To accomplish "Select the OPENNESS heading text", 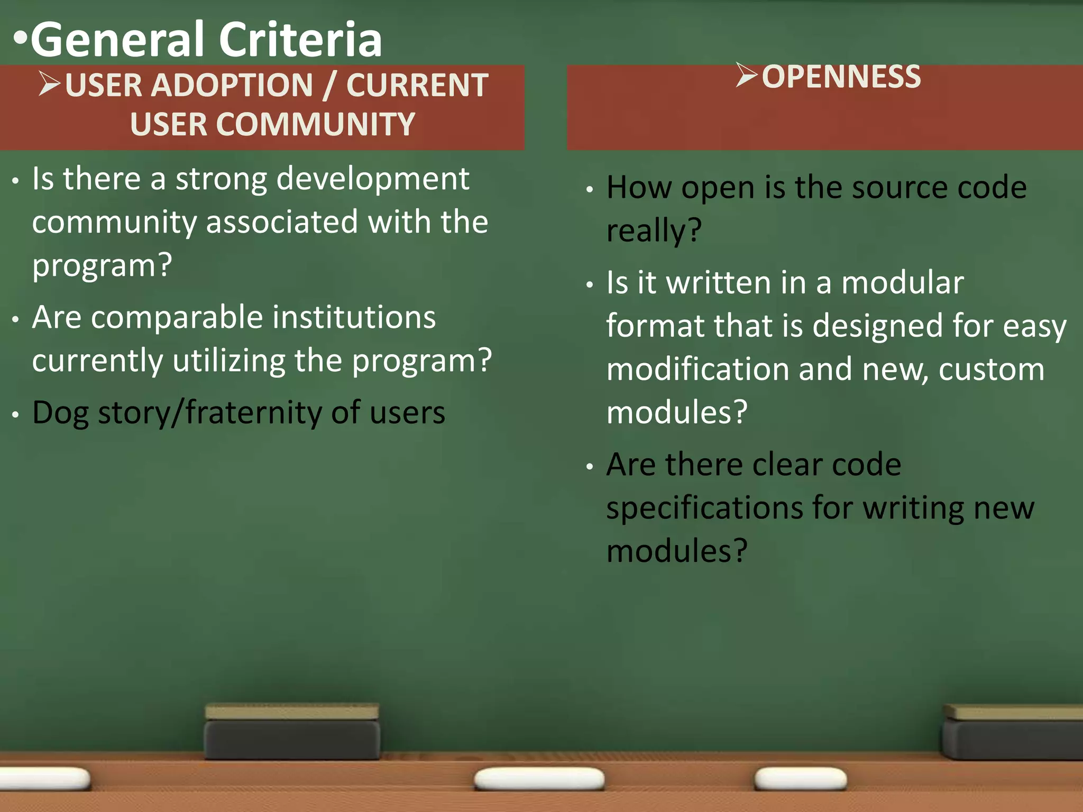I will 841,77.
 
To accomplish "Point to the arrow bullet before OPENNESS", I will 746,75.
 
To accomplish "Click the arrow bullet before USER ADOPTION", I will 49,85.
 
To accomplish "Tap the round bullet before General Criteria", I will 20,38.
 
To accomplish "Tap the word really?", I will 654,231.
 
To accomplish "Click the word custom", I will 992,370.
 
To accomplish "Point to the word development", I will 373,179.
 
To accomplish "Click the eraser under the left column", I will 292,732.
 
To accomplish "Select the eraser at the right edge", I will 1013,732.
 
